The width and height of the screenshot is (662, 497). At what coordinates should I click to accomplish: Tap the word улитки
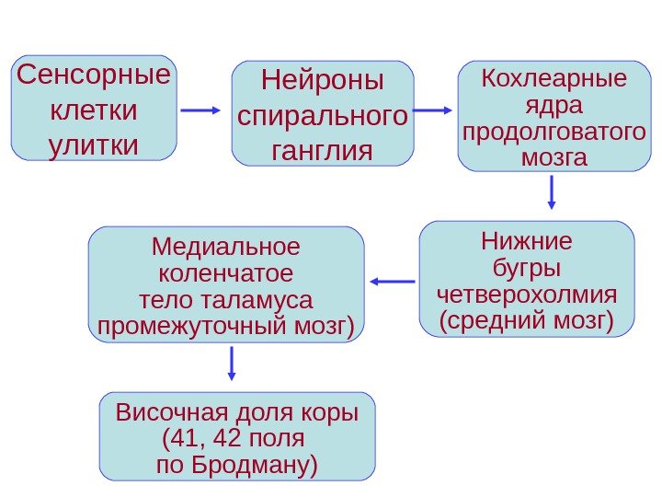point(93,145)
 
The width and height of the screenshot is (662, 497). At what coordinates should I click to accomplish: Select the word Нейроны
point(323,81)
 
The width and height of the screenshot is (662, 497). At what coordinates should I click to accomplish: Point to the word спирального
point(323,116)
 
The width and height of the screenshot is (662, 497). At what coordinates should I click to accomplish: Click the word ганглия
point(323,149)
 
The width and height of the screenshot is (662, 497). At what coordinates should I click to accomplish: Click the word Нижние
point(526,242)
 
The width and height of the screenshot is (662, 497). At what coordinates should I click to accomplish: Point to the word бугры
point(527,269)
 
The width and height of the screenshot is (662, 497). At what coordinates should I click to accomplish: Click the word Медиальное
point(226,247)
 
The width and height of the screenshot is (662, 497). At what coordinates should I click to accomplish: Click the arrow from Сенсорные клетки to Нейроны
point(201,110)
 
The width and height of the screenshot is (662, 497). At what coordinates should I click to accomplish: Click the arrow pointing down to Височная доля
point(232,363)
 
